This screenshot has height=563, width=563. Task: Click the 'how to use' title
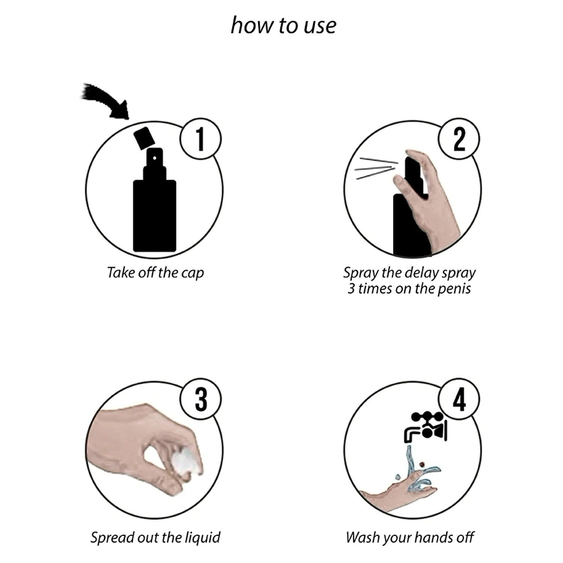[x=283, y=26]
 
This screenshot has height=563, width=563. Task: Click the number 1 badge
[x=200, y=139]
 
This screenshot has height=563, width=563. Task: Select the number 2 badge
[x=459, y=139]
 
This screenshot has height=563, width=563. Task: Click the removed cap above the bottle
[x=144, y=138]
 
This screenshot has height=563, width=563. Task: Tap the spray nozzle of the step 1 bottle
[x=155, y=158]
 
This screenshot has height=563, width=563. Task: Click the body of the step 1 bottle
[x=155, y=216]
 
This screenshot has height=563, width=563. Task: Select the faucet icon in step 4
[x=425, y=427]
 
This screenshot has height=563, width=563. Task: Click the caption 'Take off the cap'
[x=155, y=273]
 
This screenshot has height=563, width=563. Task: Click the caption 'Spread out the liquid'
[x=155, y=537]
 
